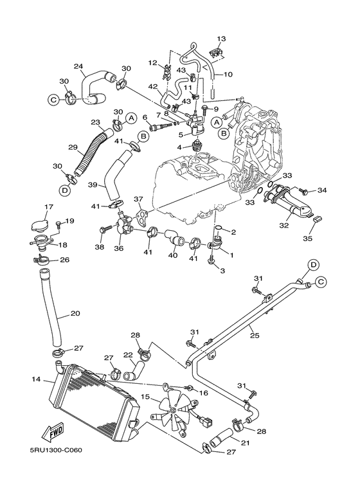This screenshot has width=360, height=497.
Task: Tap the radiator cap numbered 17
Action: (x=43, y=226)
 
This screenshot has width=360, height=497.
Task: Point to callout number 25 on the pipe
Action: (x=255, y=336)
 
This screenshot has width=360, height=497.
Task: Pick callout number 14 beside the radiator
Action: (x=36, y=379)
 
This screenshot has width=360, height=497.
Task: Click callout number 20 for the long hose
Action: (x=75, y=313)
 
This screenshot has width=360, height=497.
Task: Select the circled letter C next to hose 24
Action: (x=53, y=100)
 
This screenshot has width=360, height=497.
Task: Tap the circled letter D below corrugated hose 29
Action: (x=65, y=190)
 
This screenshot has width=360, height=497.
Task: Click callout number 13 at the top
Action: (x=221, y=39)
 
